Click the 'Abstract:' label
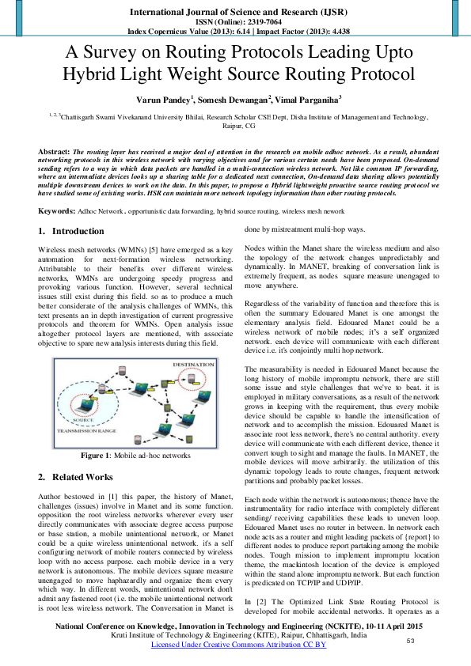pyautogui.click(x=55, y=150)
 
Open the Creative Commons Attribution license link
pyautogui.click(x=238, y=645)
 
